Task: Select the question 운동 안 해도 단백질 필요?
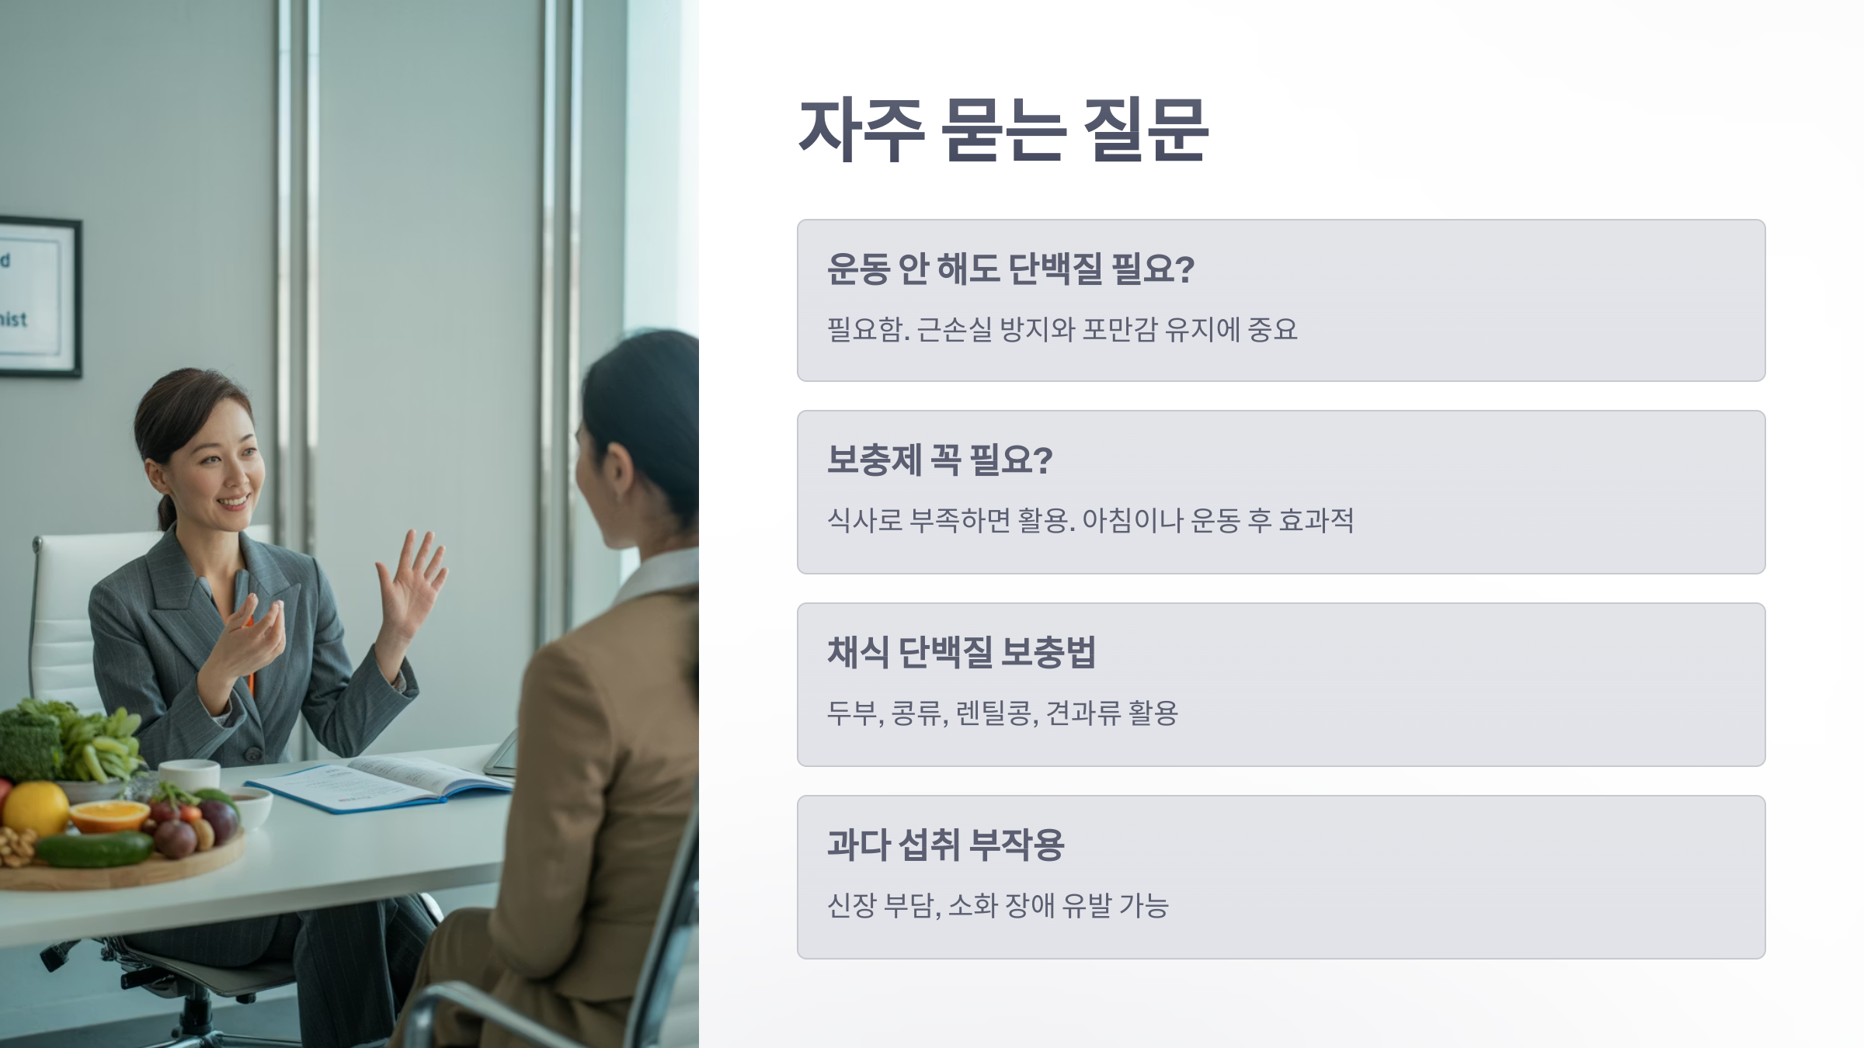[1010, 269]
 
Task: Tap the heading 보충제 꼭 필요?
[939, 460]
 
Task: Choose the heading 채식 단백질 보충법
[961, 652]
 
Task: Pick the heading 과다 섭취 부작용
[945, 845]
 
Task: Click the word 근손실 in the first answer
[954, 330]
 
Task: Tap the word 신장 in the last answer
[851, 905]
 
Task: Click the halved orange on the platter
[109, 815]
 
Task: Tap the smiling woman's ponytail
[165, 512]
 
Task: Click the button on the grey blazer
[253, 754]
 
